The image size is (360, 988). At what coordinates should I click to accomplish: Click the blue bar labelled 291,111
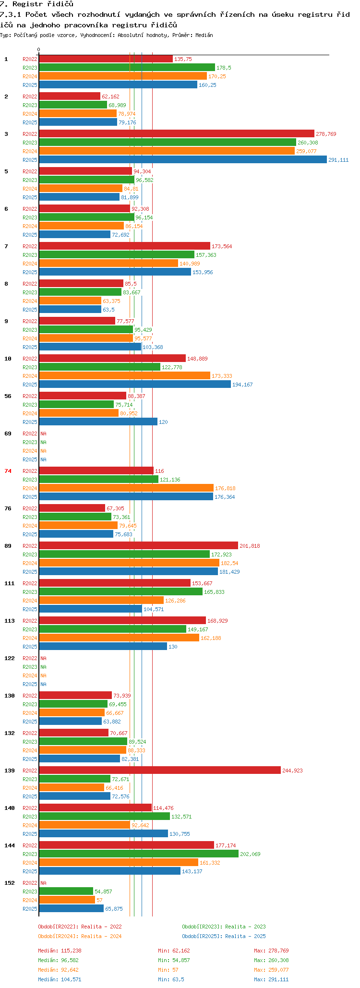(183, 160)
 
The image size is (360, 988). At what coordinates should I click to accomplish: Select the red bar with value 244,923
(160, 771)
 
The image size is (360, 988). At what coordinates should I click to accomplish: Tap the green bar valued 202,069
(139, 854)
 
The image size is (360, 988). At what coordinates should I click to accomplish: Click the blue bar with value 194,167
(135, 385)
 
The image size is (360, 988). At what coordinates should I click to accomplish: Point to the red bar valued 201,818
(139, 546)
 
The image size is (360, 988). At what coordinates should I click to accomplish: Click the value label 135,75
(183, 59)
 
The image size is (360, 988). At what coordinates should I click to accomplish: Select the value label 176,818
(225, 488)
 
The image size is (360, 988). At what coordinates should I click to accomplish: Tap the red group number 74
(8, 471)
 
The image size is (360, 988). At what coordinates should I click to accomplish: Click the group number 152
(9, 883)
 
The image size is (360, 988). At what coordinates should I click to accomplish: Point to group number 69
(8, 434)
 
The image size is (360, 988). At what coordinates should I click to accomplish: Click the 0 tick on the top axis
(39, 49)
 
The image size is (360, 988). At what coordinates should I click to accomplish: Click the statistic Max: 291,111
(271, 979)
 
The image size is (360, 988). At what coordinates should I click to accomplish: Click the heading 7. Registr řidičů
(36, 4)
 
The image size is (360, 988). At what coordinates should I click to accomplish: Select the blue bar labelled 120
(98, 422)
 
